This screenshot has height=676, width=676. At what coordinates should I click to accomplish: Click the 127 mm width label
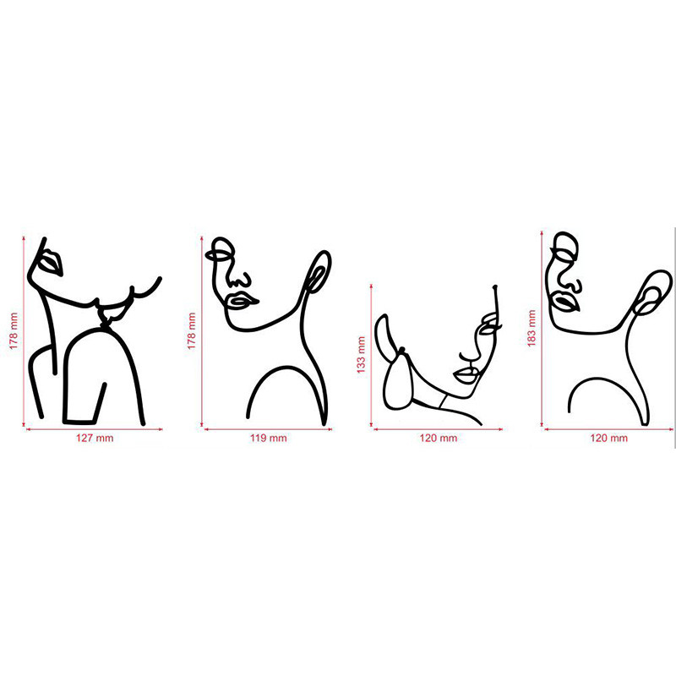pos(95,438)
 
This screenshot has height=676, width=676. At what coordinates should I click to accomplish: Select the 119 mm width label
pos(268,438)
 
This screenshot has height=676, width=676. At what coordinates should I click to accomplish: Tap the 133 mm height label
pos(361,355)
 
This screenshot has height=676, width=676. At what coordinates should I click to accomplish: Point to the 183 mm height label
pos(532,328)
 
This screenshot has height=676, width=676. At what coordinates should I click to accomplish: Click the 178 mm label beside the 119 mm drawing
pos(192,331)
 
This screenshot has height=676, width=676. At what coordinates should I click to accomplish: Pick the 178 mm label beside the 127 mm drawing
pos(14,331)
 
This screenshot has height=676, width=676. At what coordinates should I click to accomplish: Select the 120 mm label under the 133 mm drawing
pos(438,438)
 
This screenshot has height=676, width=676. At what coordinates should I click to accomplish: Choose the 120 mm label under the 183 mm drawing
pos(608,438)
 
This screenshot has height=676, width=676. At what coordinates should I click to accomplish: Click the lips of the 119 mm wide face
pos(243,300)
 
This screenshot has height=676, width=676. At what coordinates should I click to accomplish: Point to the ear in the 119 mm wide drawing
pos(318,271)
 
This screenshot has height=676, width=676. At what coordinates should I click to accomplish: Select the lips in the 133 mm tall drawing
pos(466,375)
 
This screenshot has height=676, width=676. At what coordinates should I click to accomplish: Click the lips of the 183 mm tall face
pos(564,302)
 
